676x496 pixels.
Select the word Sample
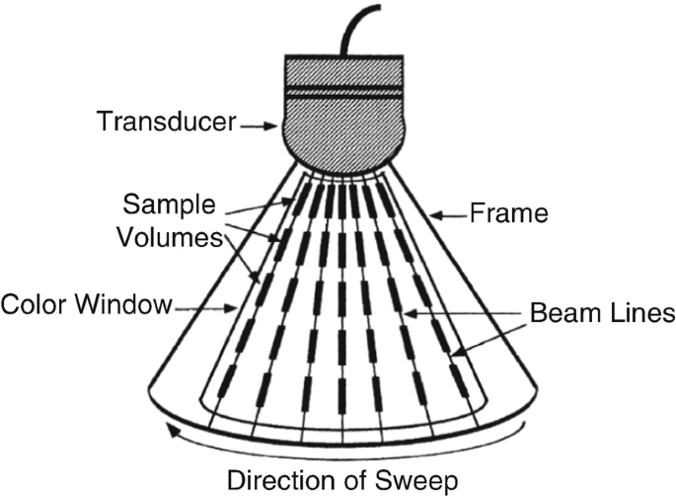[170, 206]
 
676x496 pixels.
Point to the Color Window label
[88, 303]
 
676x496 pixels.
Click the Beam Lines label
[601, 314]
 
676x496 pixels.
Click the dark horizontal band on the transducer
[341, 91]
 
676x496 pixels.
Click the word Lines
[641, 314]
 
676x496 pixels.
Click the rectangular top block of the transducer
[341, 69]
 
